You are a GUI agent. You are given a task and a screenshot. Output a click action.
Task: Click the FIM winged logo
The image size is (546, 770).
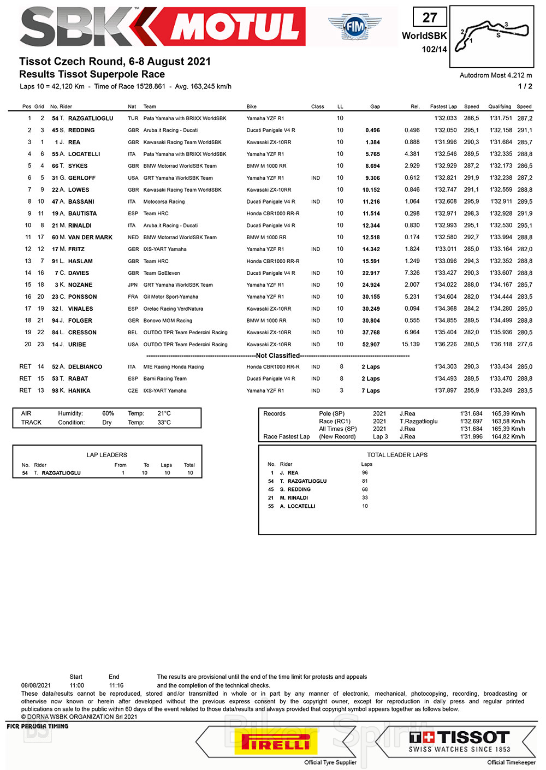point(355,26)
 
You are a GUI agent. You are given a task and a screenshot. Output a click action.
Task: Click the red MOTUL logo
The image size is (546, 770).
point(235,27)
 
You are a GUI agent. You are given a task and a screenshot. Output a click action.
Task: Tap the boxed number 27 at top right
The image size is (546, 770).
point(430,17)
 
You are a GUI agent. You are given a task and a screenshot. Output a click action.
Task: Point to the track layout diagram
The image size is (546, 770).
point(491,35)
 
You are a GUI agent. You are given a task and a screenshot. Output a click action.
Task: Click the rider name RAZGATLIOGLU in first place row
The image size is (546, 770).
point(91,119)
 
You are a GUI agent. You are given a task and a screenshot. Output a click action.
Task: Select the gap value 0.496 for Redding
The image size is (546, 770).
point(373,131)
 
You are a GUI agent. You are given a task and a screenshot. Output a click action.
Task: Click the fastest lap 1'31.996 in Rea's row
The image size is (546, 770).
point(446,143)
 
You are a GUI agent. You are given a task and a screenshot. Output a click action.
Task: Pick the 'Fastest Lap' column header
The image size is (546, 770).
point(443,107)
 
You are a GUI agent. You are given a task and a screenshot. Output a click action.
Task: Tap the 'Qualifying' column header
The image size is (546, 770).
point(500,107)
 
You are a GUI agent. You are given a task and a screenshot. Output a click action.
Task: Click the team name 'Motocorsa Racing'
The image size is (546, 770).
point(164,202)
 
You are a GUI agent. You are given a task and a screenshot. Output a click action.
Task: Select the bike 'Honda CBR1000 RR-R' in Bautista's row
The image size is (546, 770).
point(273,214)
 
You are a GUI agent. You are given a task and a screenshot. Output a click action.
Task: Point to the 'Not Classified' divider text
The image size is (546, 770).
point(278,356)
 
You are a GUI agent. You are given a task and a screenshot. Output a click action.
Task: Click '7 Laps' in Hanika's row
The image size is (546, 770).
point(371,391)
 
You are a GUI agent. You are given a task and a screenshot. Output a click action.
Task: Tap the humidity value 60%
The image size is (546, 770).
point(108,414)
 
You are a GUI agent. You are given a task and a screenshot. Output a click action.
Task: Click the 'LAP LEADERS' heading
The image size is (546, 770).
point(107,455)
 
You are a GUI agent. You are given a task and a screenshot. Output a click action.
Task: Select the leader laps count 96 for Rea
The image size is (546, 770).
point(365,473)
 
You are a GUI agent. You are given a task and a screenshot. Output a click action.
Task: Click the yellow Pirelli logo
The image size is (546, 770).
point(276,742)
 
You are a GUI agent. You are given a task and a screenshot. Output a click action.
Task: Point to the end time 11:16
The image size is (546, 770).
point(116,685)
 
